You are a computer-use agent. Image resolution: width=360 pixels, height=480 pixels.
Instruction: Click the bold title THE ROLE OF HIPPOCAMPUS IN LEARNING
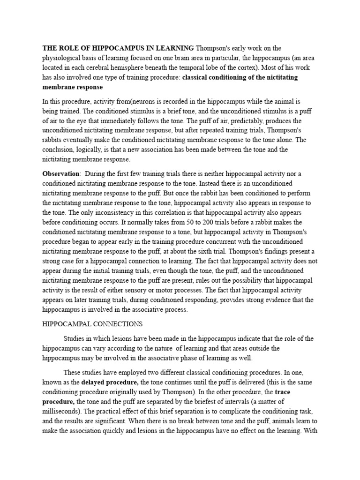[118, 48]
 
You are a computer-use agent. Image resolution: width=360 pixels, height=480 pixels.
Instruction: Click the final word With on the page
[311, 430]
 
